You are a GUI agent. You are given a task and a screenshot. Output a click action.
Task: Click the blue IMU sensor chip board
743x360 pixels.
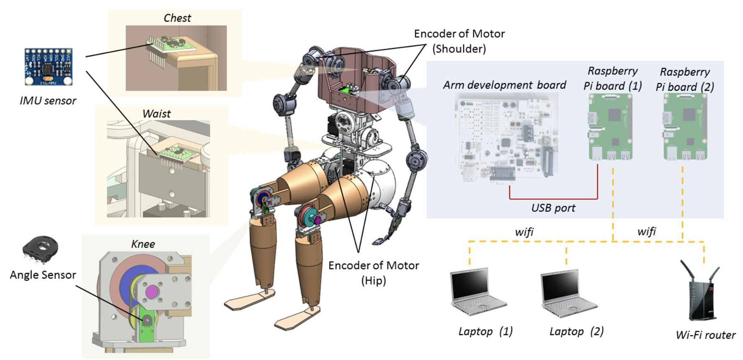click(x=48, y=67)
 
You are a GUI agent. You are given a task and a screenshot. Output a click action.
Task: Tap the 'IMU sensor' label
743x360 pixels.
click(x=48, y=101)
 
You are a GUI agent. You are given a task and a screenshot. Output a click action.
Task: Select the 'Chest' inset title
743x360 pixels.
click(x=177, y=18)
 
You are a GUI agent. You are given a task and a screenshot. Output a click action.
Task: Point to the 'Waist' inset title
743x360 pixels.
click(x=156, y=114)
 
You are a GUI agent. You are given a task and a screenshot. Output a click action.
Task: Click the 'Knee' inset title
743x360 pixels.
click(x=143, y=244)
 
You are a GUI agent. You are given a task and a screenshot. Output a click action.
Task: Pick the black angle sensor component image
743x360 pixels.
click(x=40, y=249)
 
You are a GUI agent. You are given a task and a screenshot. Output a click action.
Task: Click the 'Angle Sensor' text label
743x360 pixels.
click(x=43, y=275)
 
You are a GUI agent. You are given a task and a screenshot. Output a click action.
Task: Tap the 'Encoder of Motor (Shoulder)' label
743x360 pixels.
click(x=459, y=41)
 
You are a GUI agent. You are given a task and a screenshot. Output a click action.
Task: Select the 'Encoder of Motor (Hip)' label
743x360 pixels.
click(x=373, y=273)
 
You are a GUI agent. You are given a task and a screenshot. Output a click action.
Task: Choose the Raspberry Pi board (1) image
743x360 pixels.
click(x=610, y=127)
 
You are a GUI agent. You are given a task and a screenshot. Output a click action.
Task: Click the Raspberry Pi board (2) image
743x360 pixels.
click(x=685, y=127)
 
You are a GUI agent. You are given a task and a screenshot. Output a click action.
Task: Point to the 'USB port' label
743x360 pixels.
click(x=553, y=208)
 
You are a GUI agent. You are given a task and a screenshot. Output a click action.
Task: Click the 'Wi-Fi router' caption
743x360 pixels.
click(x=705, y=335)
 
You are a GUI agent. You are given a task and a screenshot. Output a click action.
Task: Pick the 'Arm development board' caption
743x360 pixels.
click(x=504, y=85)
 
